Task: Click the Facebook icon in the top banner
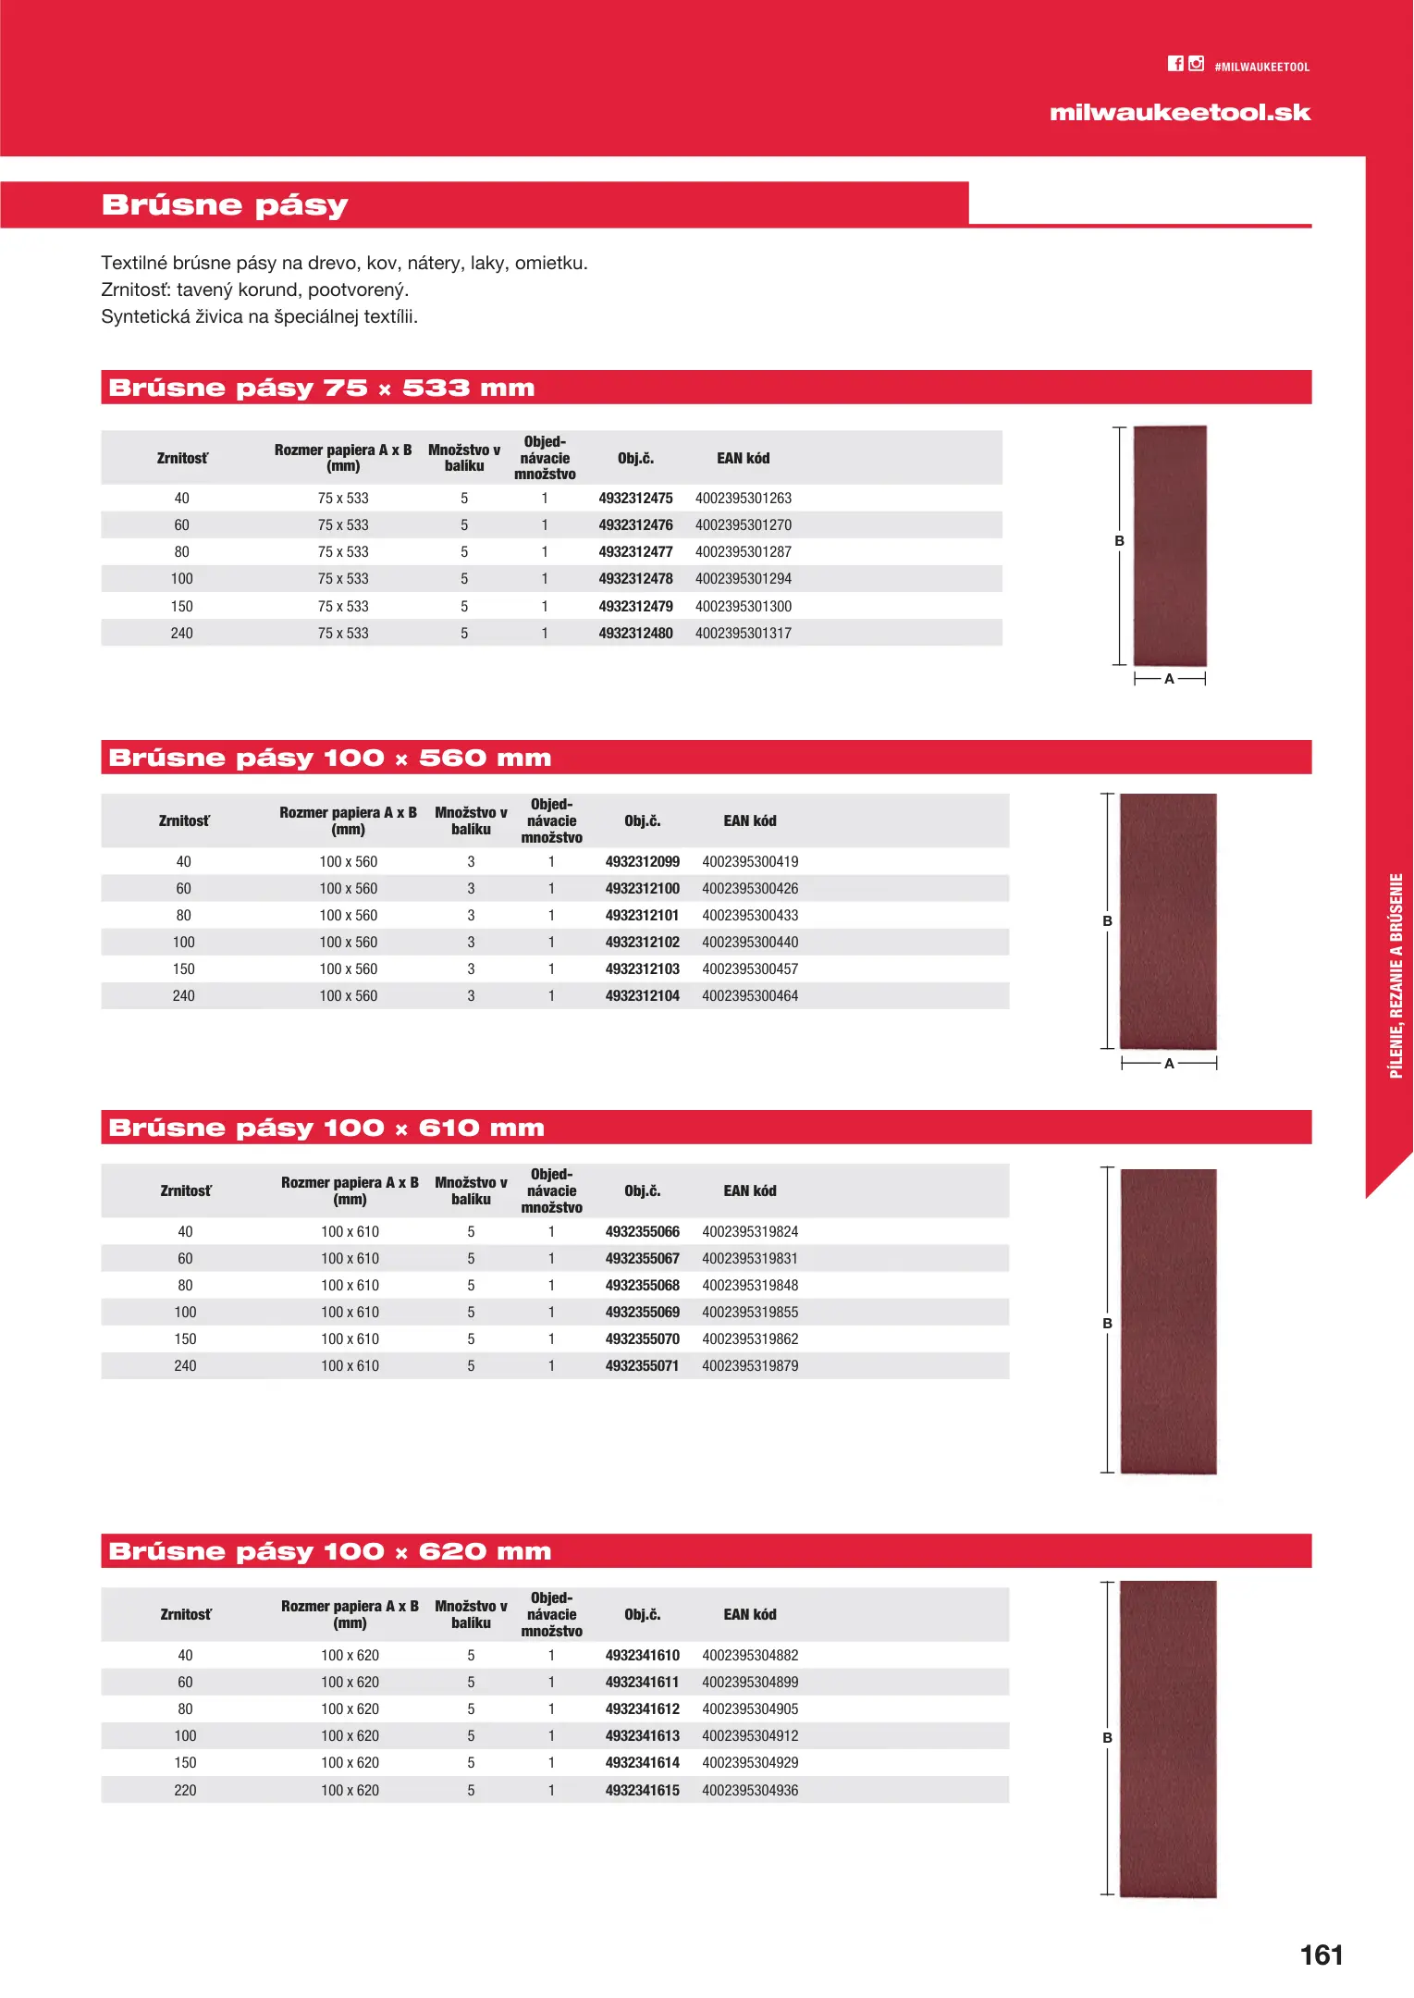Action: [1175, 64]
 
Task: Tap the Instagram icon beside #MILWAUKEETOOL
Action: [1197, 64]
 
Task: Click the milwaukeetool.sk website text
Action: [1180, 113]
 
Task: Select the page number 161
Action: [1322, 1955]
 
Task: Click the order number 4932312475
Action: [635, 499]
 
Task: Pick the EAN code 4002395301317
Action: [744, 634]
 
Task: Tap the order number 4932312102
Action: [642, 943]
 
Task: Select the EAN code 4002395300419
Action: [750, 862]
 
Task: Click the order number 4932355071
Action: [642, 1366]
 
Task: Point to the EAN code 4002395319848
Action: [750, 1286]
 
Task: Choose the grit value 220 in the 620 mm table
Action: [185, 1791]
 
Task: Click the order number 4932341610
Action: [642, 1656]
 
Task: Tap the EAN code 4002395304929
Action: [750, 1763]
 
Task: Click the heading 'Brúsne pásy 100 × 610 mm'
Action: [326, 1128]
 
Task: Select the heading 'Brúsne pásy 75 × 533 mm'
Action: [322, 388]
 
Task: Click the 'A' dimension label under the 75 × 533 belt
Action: [1169, 679]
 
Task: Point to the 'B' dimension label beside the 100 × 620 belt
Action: [1107, 1738]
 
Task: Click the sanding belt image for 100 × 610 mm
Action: [1169, 1321]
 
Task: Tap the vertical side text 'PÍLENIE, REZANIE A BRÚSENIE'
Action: [1396, 976]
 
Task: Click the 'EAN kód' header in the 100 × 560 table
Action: [750, 821]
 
